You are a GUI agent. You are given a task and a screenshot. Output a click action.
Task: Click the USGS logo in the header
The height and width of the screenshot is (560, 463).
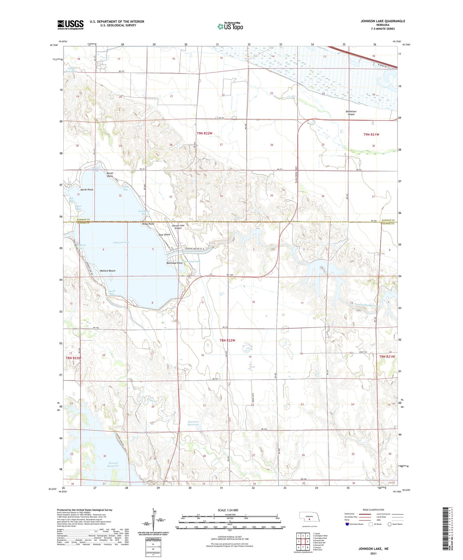pyautogui.click(x=70, y=25)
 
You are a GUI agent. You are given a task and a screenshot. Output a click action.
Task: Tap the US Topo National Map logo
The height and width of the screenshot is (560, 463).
pyautogui.click(x=230, y=26)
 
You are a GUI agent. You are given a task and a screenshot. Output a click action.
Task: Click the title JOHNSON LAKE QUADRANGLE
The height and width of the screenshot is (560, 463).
pyautogui.click(x=383, y=21)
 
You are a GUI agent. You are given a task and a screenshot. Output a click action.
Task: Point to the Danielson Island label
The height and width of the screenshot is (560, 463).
pyautogui.click(x=351, y=113)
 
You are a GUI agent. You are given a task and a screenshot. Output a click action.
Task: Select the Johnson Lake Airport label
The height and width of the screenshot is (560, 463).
pyautogui.click(x=178, y=227)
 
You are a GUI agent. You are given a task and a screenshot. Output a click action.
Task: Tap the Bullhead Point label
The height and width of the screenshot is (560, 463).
pyautogui.click(x=175, y=263)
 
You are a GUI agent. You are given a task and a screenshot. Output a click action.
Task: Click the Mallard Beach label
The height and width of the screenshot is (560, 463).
pyautogui.click(x=107, y=271)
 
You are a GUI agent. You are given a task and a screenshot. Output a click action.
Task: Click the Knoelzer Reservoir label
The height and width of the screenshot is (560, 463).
pyautogui.click(x=194, y=423)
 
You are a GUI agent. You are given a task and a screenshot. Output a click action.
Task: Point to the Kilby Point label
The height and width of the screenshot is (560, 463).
pyautogui.click(x=148, y=224)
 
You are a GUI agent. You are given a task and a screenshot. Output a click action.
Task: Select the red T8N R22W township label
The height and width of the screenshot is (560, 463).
pyautogui.click(x=227, y=340)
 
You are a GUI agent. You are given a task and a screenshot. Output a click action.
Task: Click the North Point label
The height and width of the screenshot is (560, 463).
pyautogui.click(x=87, y=190)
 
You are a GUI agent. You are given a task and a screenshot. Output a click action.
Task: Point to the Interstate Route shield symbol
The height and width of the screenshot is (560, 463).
pyautogui.click(x=347, y=524)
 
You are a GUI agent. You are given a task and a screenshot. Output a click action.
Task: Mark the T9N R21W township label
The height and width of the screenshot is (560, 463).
pyautogui.click(x=371, y=134)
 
